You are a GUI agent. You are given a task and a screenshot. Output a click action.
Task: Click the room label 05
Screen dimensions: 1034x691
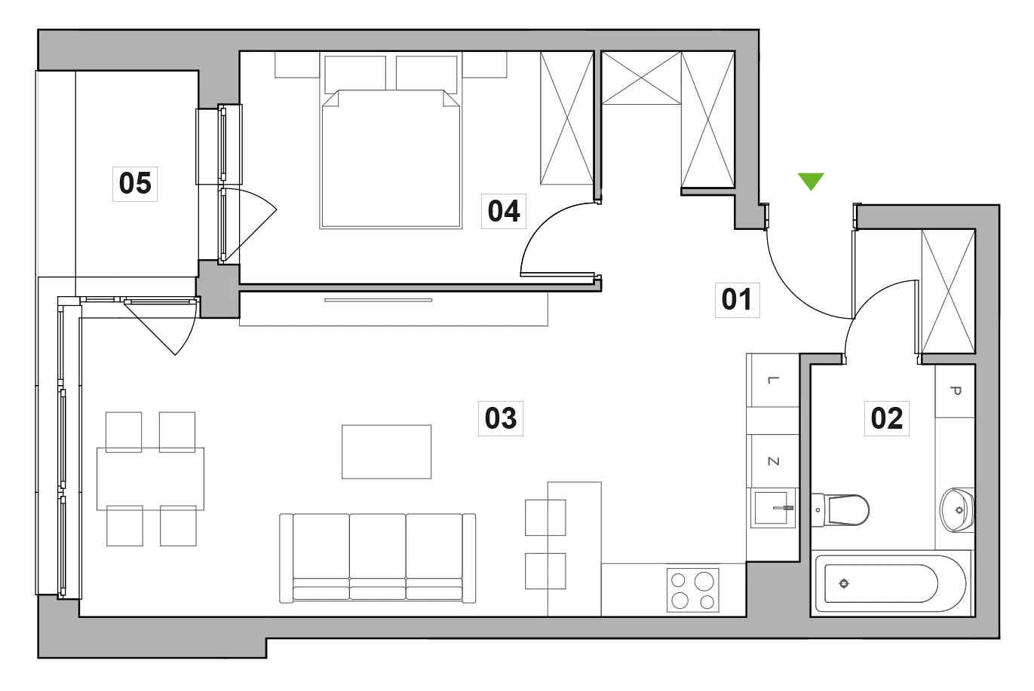[135, 184]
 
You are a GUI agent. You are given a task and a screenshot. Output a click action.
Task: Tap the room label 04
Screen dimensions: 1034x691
[504, 211]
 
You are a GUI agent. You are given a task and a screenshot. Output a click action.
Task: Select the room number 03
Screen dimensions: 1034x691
[500, 418]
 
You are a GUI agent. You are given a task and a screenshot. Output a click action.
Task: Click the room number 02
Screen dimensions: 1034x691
[887, 418]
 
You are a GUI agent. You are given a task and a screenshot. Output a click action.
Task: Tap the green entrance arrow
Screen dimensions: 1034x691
[811, 182]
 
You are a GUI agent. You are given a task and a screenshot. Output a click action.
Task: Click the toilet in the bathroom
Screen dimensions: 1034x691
[840, 510]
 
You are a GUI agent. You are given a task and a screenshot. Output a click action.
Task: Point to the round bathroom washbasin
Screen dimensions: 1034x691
[957, 510]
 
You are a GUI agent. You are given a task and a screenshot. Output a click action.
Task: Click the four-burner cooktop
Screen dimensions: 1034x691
[693, 591]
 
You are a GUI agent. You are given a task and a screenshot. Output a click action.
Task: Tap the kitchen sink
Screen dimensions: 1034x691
[773, 509]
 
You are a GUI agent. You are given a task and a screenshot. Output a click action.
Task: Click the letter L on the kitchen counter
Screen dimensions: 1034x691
[773, 380]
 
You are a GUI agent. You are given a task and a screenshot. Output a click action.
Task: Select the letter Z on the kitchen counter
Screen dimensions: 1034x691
[773, 461]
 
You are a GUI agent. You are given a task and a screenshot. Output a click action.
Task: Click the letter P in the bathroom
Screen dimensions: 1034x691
[956, 391]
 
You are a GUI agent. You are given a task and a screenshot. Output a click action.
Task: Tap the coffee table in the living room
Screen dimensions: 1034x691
[386, 452]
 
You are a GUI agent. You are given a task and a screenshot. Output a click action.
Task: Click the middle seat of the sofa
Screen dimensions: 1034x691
[378, 556]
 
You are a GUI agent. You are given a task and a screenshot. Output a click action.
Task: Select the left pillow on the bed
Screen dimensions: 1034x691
[355, 74]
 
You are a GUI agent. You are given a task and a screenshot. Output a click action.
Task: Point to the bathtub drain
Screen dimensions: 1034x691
[844, 584]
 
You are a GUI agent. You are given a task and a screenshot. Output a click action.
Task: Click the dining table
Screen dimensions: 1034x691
[151, 479]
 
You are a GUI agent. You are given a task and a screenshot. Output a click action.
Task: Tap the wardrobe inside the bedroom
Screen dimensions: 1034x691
[567, 118]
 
